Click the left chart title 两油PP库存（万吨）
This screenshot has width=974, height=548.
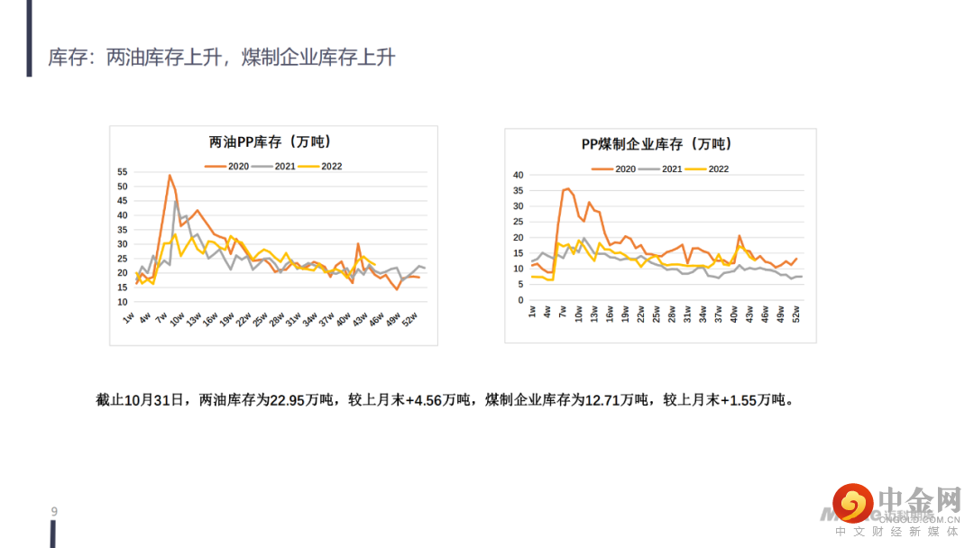pyautogui.click(x=270, y=142)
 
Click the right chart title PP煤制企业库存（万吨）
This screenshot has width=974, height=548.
pyautogui.click(x=656, y=144)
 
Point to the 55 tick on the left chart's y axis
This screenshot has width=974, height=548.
pyautogui.click(x=123, y=172)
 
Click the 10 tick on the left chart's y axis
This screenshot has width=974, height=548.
pyautogui.click(x=123, y=301)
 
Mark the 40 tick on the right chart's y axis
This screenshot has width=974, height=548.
pyautogui.click(x=518, y=175)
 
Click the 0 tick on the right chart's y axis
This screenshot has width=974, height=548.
pyautogui.click(x=520, y=299)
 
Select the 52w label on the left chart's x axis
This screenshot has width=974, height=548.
pyautogui.click(x=409, y=320)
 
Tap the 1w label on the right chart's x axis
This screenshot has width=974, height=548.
pyautogui.click(x=531, y=312)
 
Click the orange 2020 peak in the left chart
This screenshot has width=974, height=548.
pyautogui.click(x=170, y=175)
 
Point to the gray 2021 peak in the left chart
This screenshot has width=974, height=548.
pyautogui.click(x=177, y=201)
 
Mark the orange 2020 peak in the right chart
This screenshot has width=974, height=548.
pyautogui.click(x=567, y=188)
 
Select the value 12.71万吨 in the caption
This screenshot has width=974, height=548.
pyautogui.click(x=618, y=399)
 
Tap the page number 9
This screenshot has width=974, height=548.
pyautogui.click(x=54, y=512)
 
